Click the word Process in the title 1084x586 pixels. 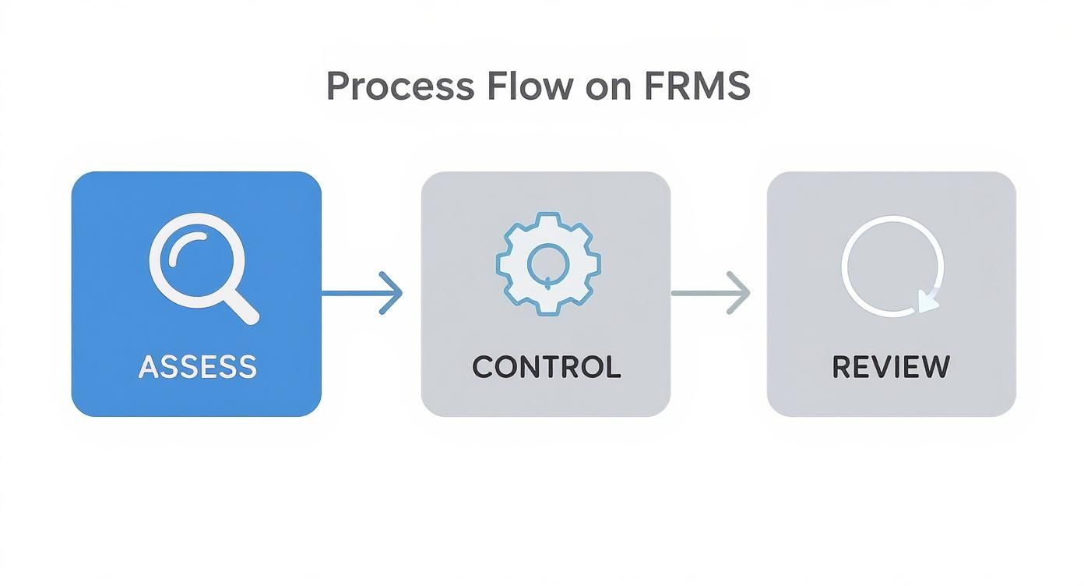(399, 86)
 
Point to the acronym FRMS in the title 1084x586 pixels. (697, 86)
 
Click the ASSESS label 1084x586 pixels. (197, 367)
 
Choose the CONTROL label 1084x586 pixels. (546, 367)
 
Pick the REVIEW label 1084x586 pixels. (891, 367)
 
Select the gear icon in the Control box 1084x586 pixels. (547, 263)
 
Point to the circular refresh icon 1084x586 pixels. (892, 266)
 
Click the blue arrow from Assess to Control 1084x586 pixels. (362, 294)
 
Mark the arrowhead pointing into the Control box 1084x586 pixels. (393, 294)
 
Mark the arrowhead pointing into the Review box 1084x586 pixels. (740, 294)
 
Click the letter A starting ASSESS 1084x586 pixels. (148, 367)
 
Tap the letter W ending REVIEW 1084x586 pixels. (935, 367)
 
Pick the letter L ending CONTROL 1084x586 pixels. (612, 367)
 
